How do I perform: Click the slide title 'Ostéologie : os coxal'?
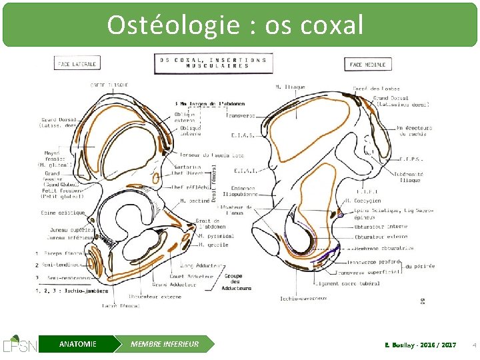[235, 25]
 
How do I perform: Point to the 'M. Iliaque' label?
[290, 87]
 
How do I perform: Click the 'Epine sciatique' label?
[63, 213]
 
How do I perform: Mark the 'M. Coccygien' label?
[363, 201]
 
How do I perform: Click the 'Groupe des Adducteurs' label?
[237, 282]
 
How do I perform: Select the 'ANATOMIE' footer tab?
[77, 344]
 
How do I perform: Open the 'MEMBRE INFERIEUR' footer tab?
[165, 344]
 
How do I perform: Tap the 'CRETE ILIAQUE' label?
[109, 85]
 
